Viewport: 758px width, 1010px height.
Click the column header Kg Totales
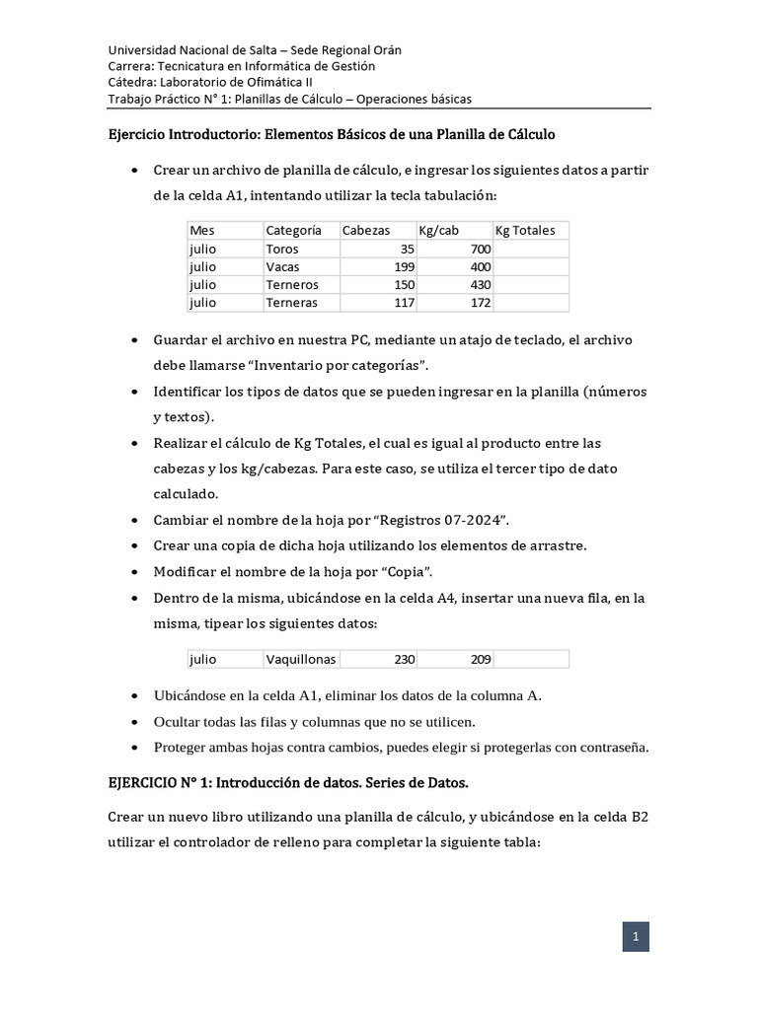[x=525, y=230]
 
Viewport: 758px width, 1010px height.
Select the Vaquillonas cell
[x=301, y=659]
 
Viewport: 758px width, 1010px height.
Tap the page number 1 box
[x=636, y=937]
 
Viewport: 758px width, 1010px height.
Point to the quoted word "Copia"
[x=407, y=572]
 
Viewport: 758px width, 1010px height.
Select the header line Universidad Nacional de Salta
[x=255, y=49]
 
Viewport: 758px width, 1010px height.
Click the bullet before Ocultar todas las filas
[x=135, y=721]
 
